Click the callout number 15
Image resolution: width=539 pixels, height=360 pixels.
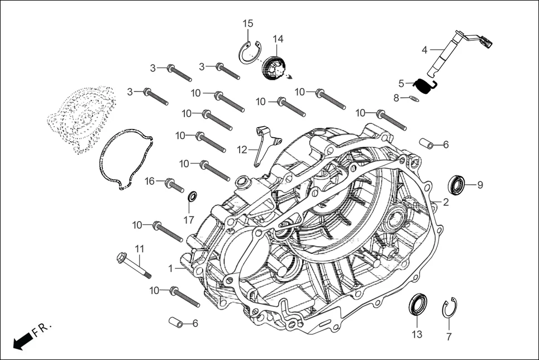coord(247,23)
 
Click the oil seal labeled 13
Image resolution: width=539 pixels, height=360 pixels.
coord(418,306)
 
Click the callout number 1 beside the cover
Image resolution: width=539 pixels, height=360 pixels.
coord(171,268)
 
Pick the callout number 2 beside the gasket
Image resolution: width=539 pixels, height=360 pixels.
coord(446,202)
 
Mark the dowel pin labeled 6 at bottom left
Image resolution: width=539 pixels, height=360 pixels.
coord(177,323)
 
